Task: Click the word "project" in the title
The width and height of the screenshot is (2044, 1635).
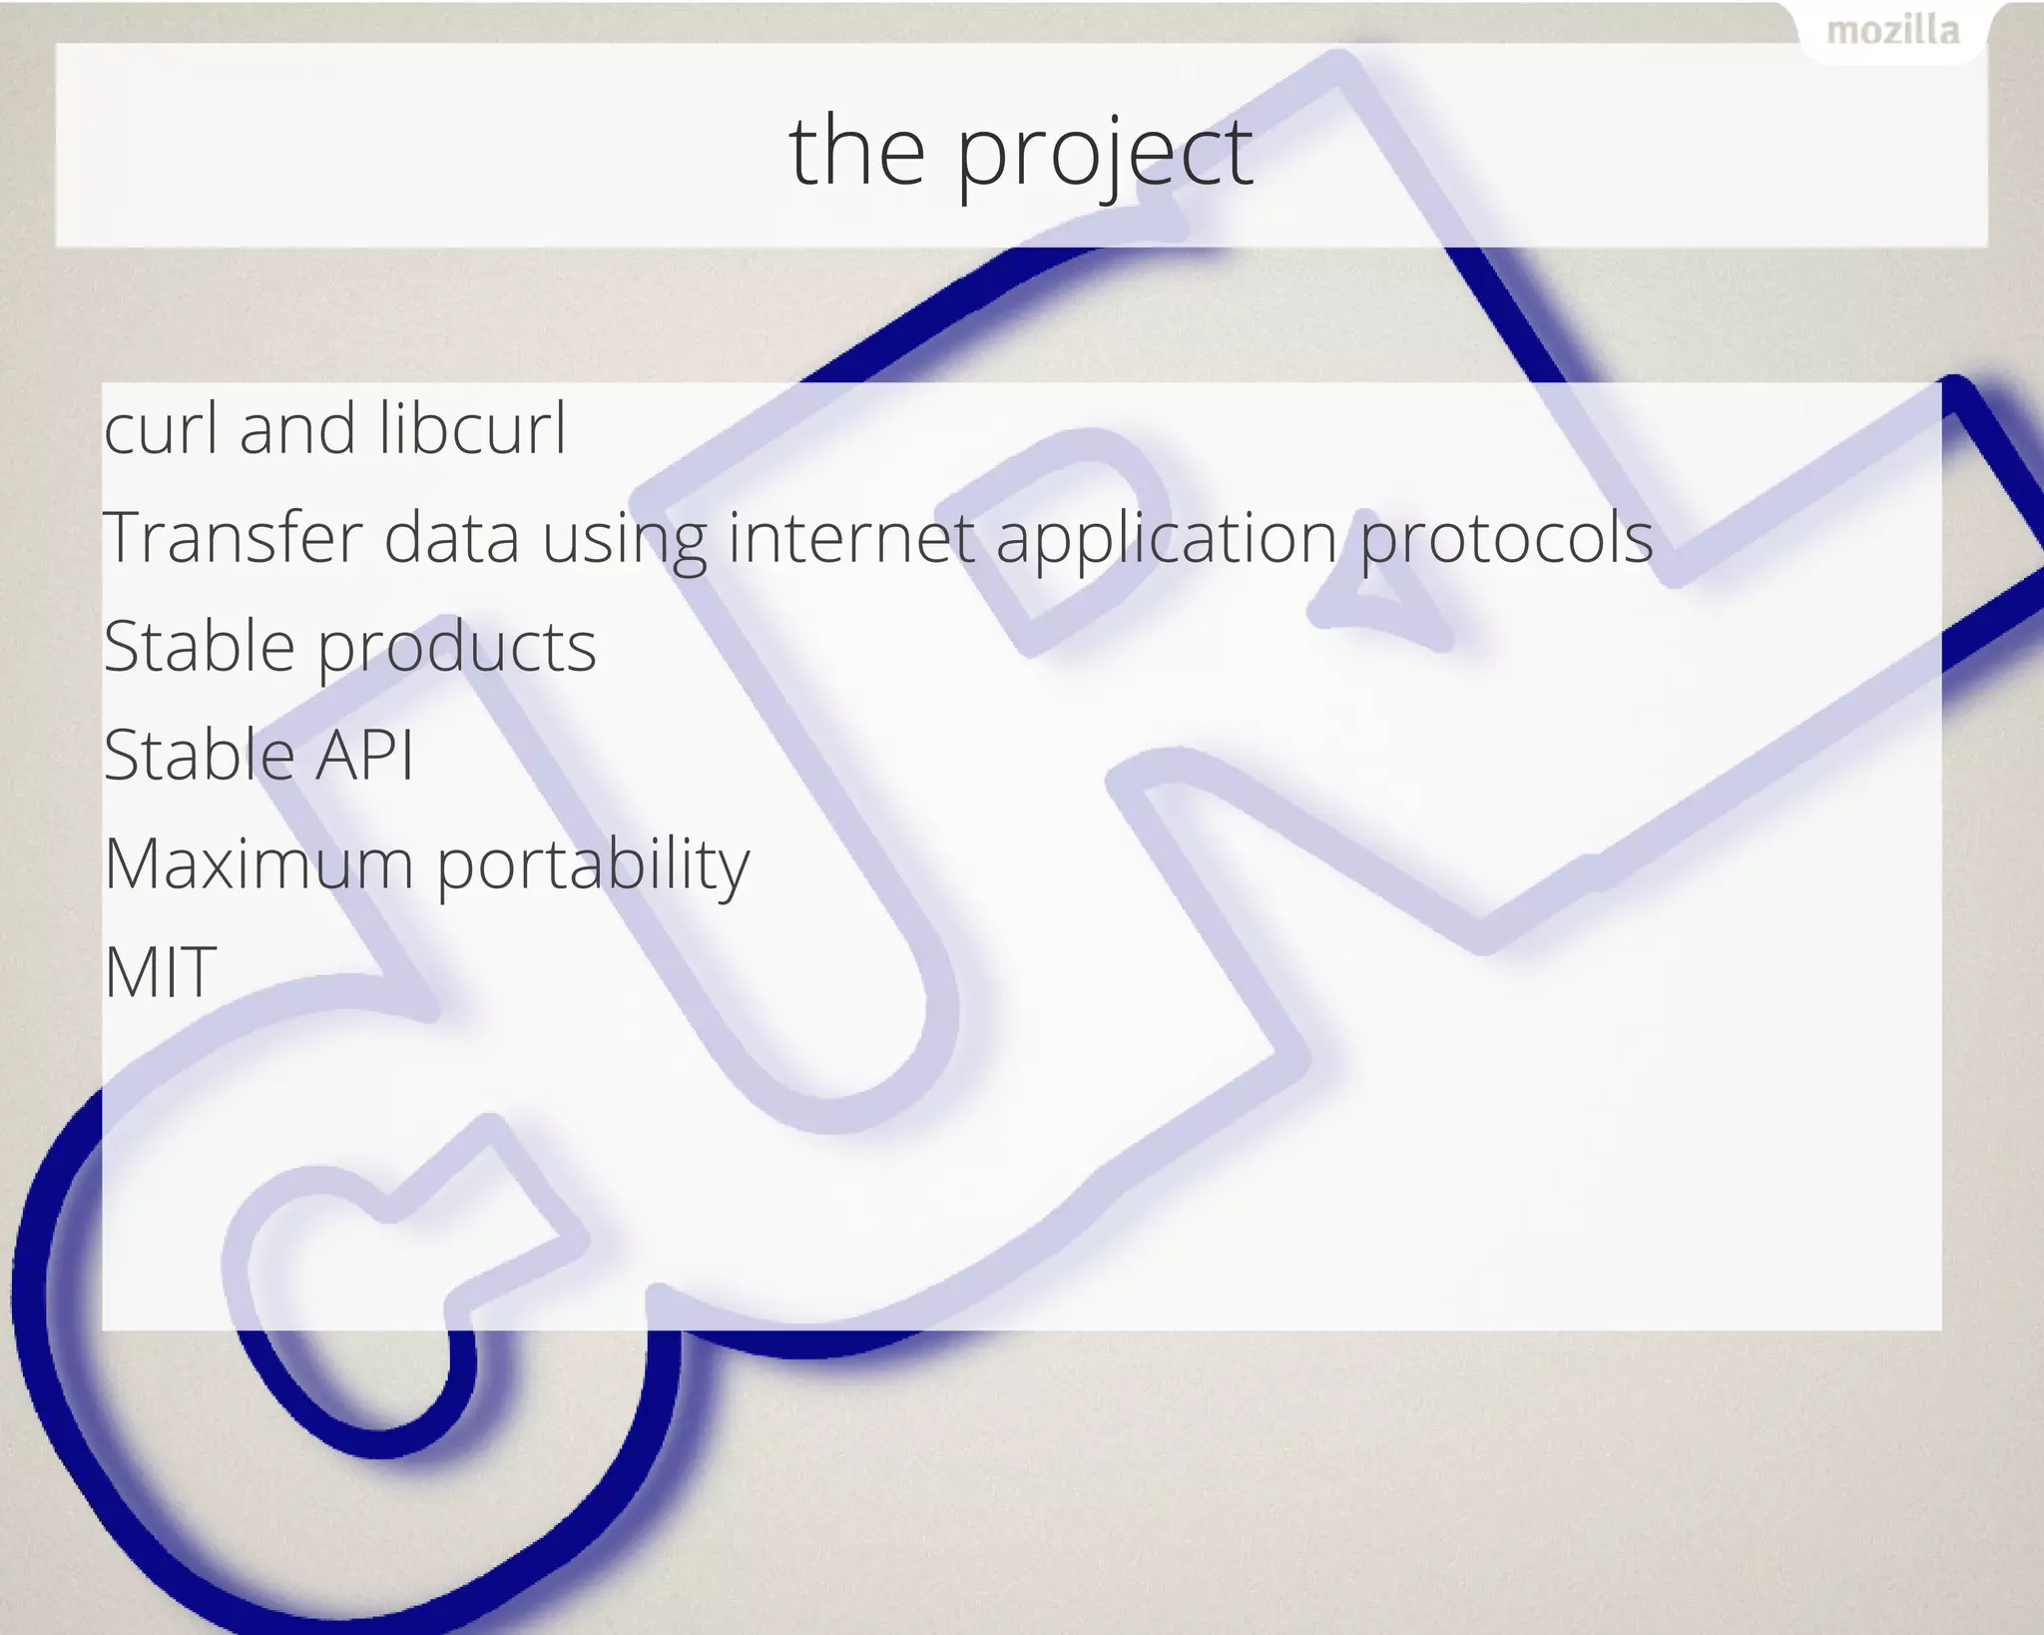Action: tap(1104, 152)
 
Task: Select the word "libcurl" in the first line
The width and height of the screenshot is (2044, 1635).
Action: tap(472, 428)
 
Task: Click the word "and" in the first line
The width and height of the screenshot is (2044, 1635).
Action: tap(296, 428)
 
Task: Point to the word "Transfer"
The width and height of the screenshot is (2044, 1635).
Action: tap(233, 537)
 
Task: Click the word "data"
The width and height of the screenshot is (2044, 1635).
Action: tap(451, 537)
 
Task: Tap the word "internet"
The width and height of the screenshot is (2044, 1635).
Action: tap(851, 537)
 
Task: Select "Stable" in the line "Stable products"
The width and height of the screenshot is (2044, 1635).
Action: tap(199, 646)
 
